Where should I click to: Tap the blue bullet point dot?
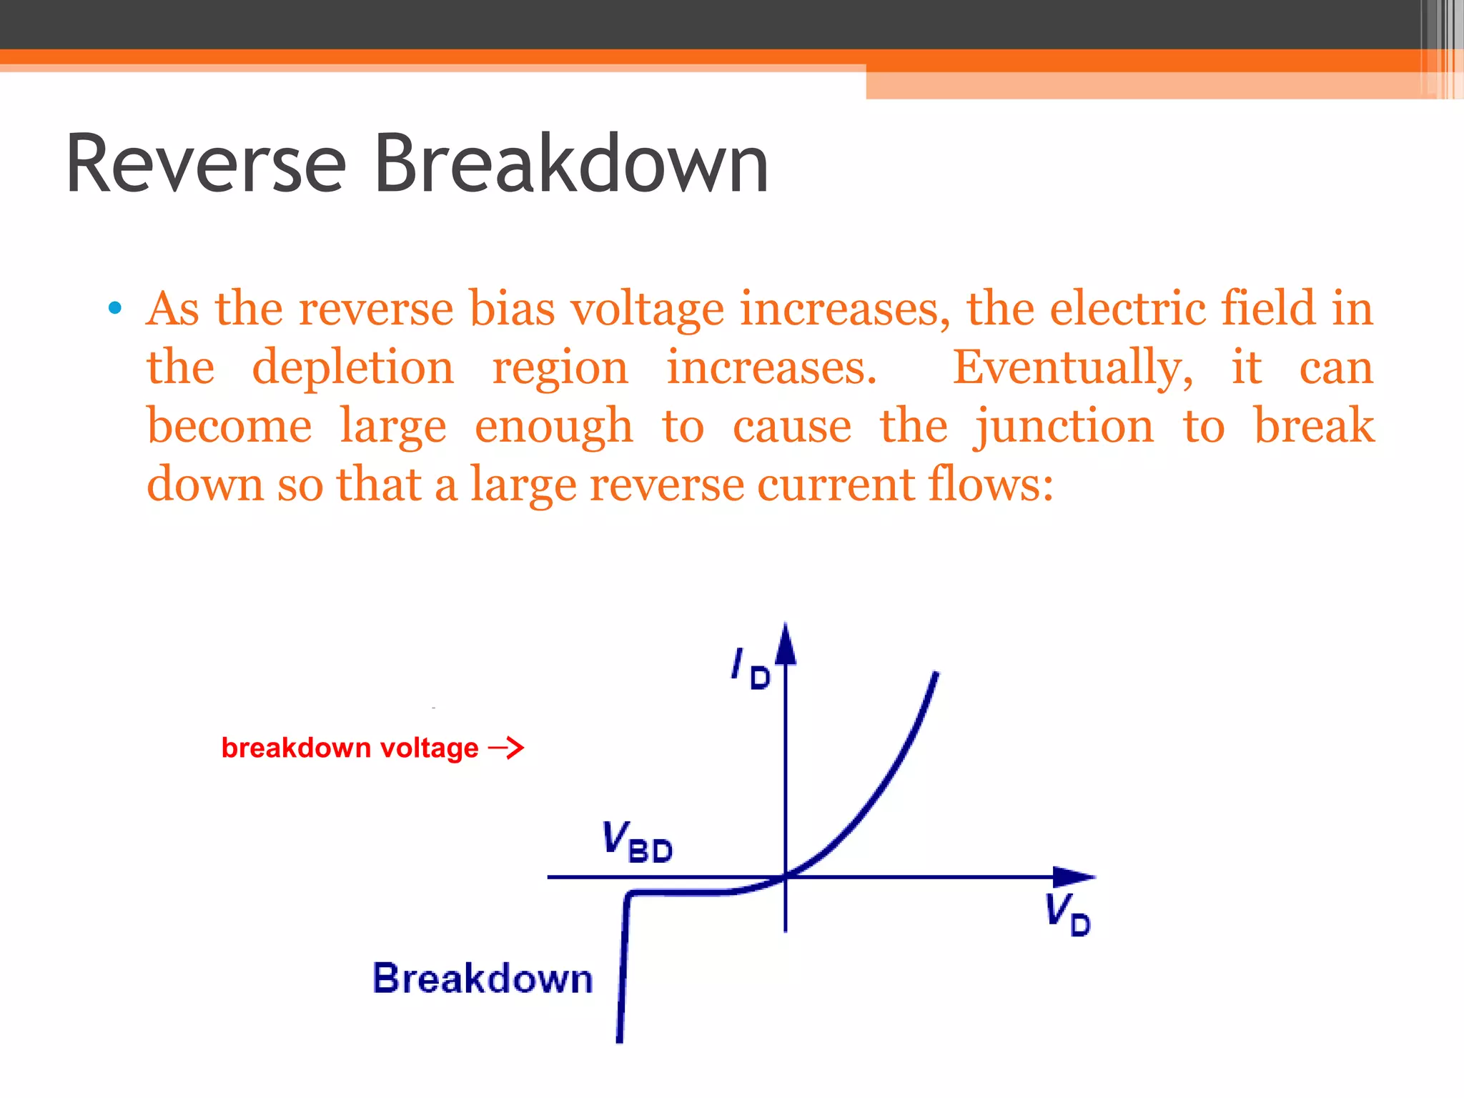pyautogui.click(x=114, y=309)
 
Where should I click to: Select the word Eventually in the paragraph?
pyautogui.click(x=1072, y=367)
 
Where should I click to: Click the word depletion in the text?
pyautogui.click(x=353, y=367)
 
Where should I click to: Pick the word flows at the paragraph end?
pyautogui.click(x=990, y=485)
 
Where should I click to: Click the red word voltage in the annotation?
pyautogui.click(x=429, y=748)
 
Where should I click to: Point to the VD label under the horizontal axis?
pyautogui.click(x=1067, y=914)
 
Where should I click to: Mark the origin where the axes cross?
pyautogui.click(x=786, y=876)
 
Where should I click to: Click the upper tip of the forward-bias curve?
pyautogui.click(x=936, y=675)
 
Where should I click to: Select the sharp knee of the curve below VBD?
pyautogui.click(x=628, y=895)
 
